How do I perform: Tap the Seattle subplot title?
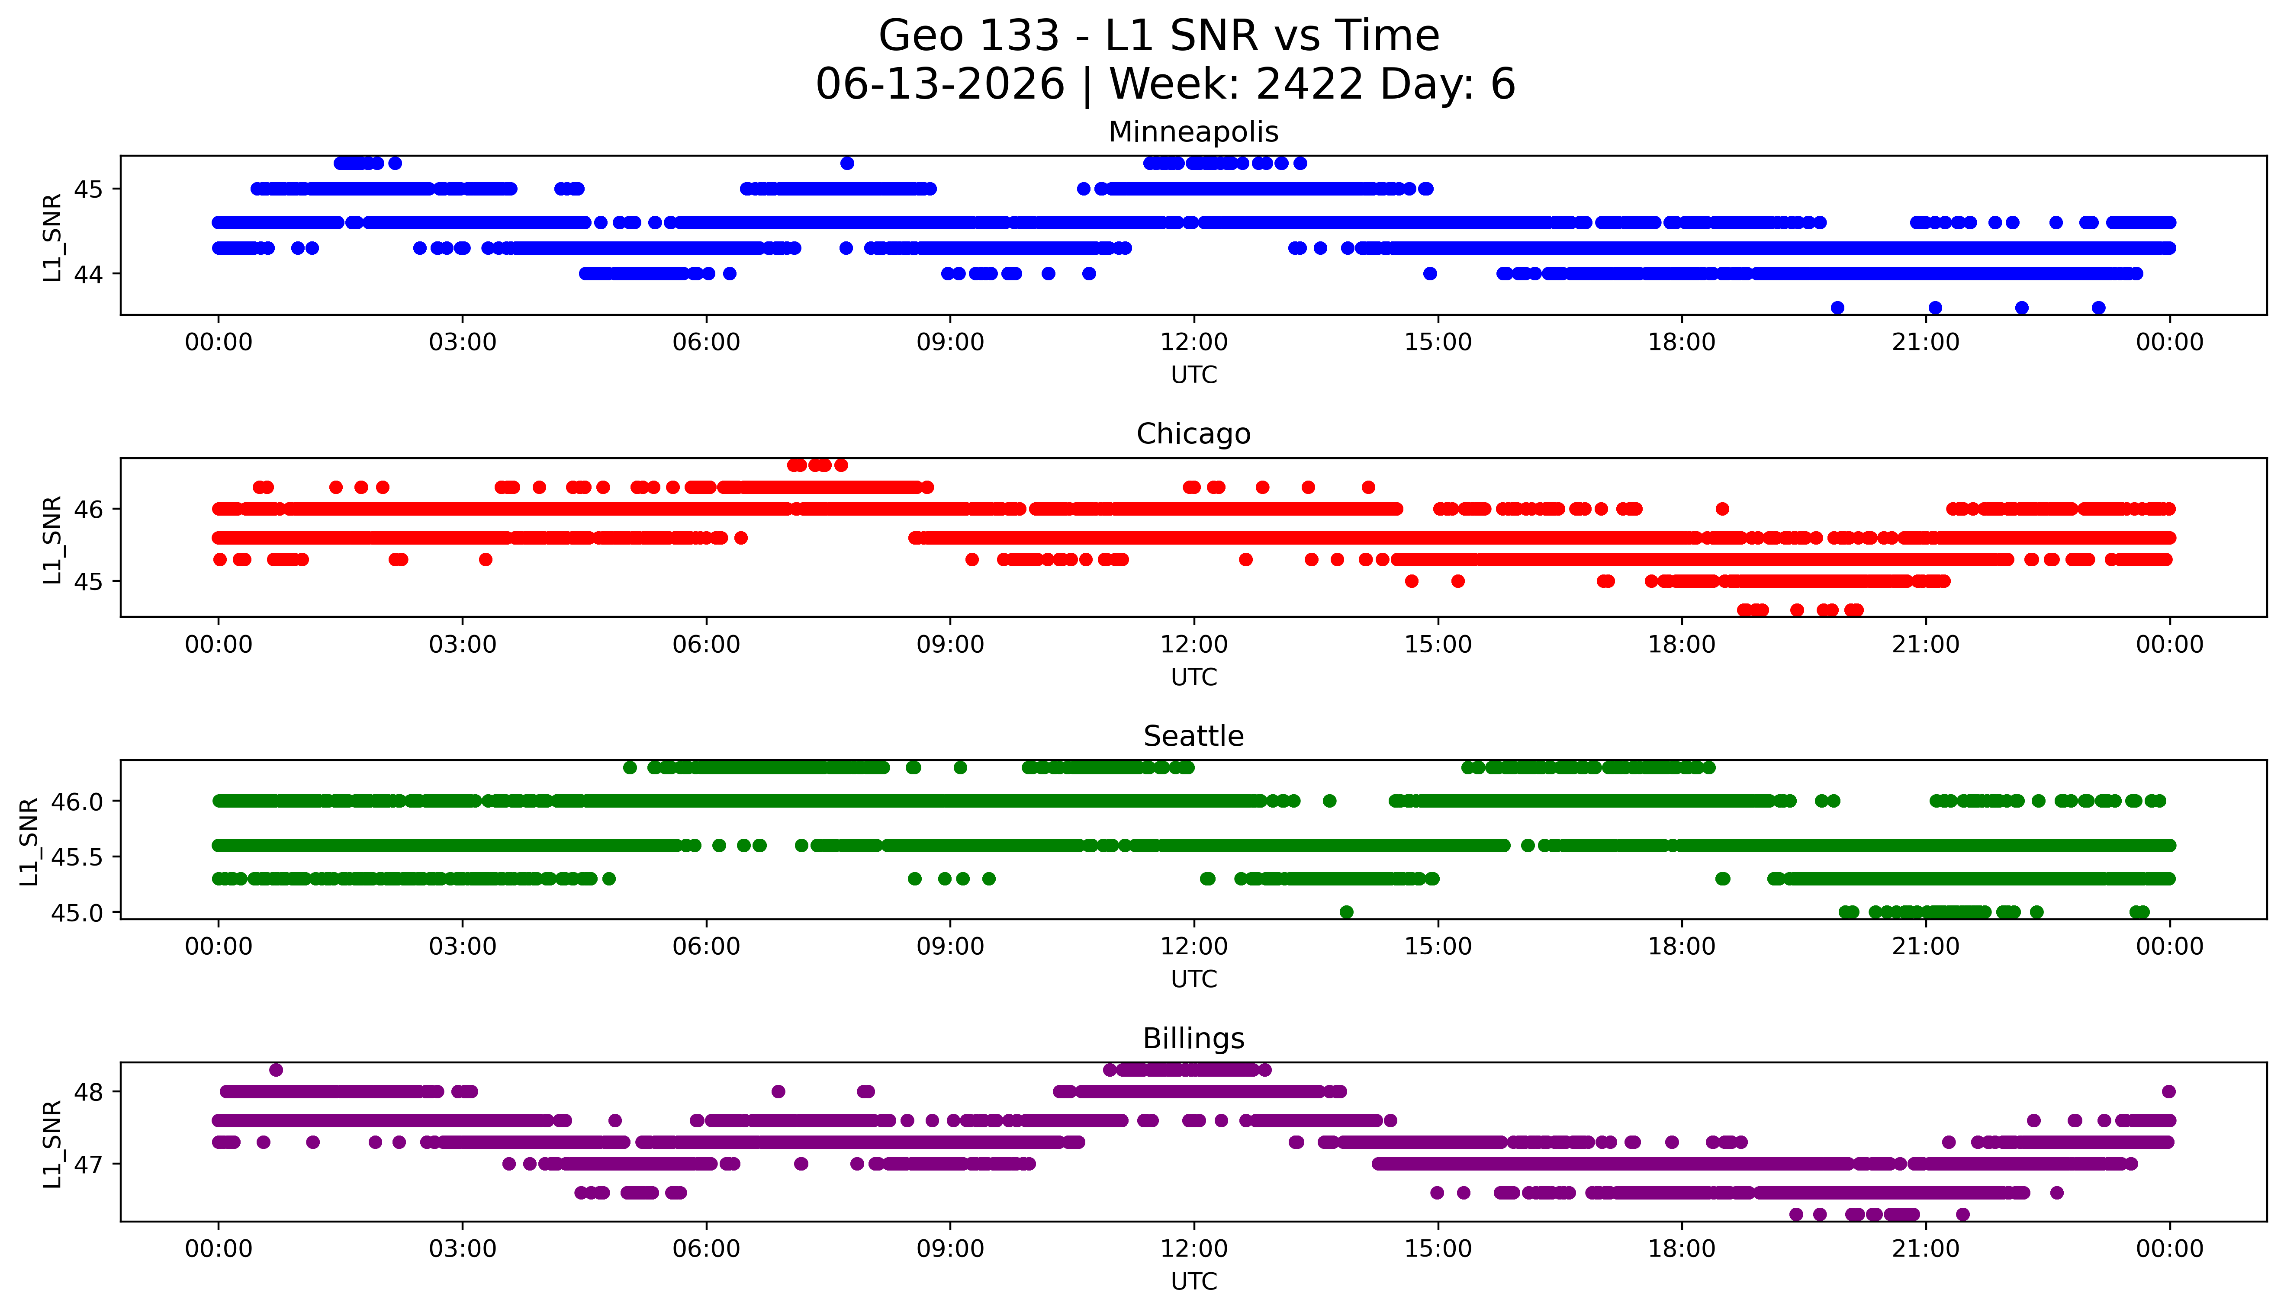pyautogui.click(x=1193, y=736)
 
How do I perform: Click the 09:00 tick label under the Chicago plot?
pyautogui.click(x=950, y=644)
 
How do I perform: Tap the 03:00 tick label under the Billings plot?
pyautogui.click(x=463, y=1249)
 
